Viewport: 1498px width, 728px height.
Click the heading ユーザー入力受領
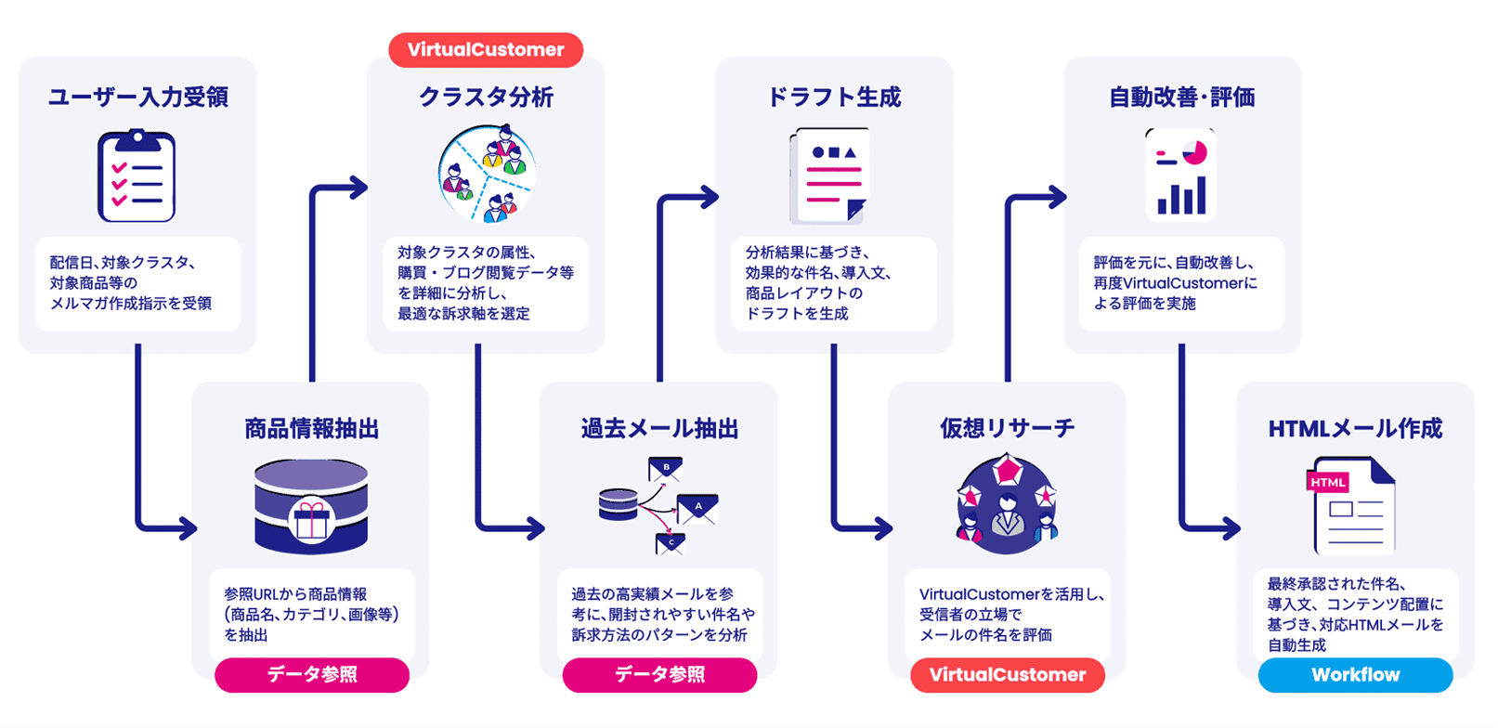pos(137,97)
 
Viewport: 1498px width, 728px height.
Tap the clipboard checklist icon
pos(137,176)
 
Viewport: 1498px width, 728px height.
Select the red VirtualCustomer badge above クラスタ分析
pos(486,50)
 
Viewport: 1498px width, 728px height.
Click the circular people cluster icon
pos(487,175)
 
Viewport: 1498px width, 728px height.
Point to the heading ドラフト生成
pos(833,97)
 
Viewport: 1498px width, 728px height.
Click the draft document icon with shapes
pos(829,176)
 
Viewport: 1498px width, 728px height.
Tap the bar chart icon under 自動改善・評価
pos(1181,197)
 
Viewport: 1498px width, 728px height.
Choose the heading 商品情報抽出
pos(311,428)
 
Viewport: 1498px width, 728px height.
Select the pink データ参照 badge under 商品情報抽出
pos(312,675)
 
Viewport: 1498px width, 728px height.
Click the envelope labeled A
pos(697,508)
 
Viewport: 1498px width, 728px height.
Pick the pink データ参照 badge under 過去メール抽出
pos(659,675)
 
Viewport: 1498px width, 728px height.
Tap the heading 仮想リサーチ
pos(1007,428)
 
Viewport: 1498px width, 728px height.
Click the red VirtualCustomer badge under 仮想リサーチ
pos(1008,675)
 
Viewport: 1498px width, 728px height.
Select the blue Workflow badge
pos(1355,675)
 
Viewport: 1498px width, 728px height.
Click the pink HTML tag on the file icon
pos(1327,482)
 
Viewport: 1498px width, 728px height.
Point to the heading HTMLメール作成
pos(1355,428)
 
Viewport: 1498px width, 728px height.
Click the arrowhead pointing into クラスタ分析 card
pos(358,188)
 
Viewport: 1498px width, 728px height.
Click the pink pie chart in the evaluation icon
pos(1194,152)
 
